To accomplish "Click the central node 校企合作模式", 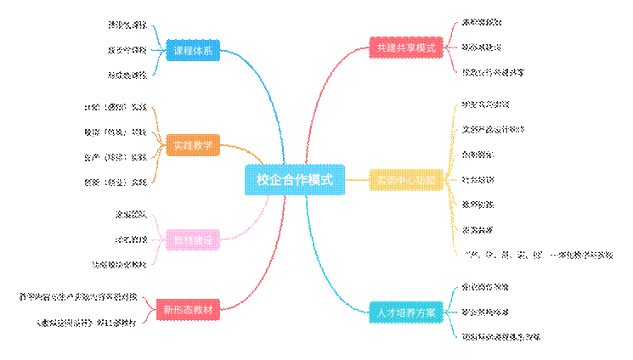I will click(x=294, y=180).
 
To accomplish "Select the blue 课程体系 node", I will click(x=193, y=51).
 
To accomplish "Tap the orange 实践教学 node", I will click(x=193, y=145).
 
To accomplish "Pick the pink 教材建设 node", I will click(x=193, y=241).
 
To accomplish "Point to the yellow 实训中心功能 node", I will click(x=406, y=181).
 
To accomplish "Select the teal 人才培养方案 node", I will click(x=406, y=312).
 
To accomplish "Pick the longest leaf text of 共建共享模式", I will click(x=493, y=72).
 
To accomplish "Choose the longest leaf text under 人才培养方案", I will click(x=502, y=337).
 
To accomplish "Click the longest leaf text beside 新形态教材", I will click(x=79, y=298).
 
